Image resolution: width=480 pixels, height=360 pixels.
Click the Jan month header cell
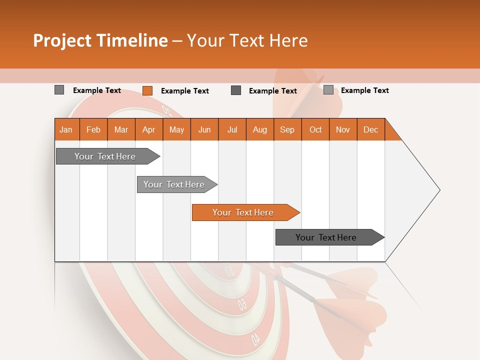point(66,129)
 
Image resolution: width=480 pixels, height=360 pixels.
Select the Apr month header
point(148,129)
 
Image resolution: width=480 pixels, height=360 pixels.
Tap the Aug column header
point(259,129)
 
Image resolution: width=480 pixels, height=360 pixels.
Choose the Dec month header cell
point(370,129)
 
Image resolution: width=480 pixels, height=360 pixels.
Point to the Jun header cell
point(204,129)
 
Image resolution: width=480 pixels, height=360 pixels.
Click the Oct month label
point(315,129)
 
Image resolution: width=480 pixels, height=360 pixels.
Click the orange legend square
point(147,90)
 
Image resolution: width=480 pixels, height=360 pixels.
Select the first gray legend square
point(59,90)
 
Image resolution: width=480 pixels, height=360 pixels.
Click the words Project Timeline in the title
point(100,40)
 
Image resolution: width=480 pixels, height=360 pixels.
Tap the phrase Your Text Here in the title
point(247,40)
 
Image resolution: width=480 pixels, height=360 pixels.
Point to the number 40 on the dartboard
point(255,339)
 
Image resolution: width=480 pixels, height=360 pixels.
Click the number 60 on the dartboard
point(242,304)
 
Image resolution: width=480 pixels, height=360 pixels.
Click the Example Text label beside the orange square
point(184,91)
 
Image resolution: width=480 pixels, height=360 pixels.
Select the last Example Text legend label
point(364,90)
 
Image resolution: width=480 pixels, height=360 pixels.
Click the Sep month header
point(287,129)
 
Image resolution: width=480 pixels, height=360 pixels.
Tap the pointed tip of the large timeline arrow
point(438,190)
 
